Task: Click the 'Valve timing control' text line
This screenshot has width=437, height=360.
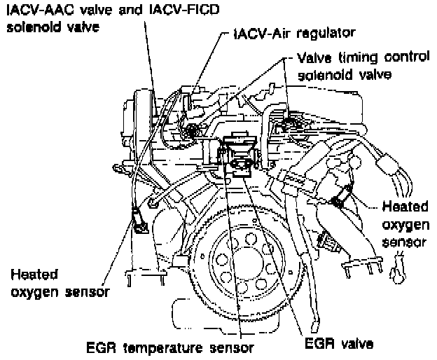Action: tap(363, 59)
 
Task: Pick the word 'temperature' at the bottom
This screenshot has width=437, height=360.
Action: tap(167, 346)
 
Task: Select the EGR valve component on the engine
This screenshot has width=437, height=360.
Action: tap(242, 167)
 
